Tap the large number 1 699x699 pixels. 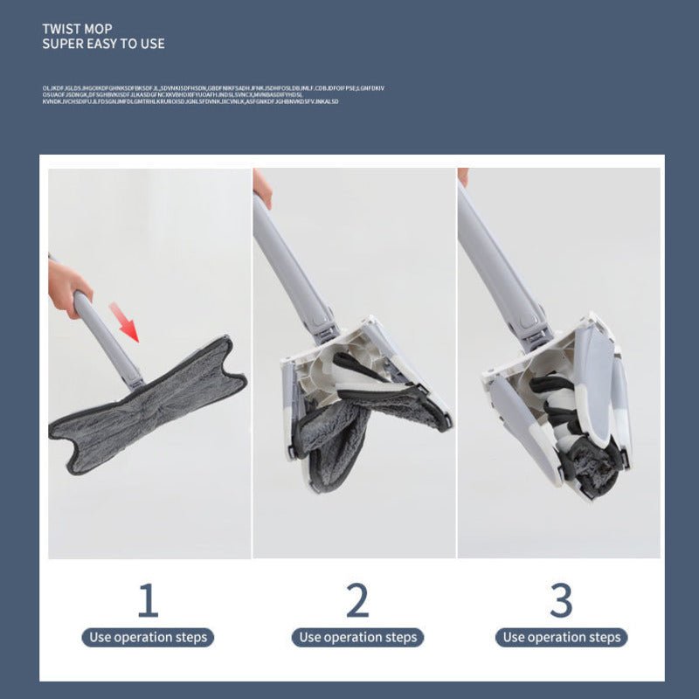148,600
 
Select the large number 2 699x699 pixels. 357,600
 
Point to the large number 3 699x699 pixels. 561,600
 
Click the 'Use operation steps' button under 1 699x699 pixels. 149,637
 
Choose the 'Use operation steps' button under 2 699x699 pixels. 358,637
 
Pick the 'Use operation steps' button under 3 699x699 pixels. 562,637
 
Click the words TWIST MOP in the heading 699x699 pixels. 78,28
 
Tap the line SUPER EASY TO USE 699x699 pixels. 103,44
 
